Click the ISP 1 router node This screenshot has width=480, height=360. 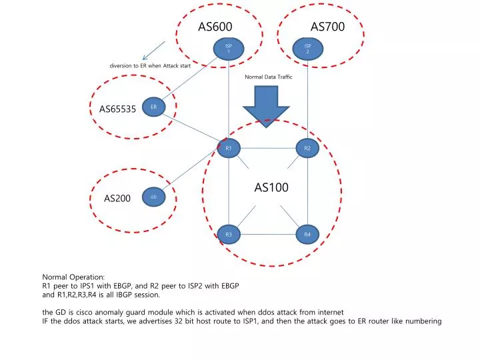point(228,48)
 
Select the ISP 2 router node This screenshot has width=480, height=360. point(307,48)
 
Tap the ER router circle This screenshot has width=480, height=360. point(153,107)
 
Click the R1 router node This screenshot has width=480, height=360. point(228,148)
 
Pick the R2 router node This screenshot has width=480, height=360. point(307,148)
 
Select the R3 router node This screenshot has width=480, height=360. point(228,234)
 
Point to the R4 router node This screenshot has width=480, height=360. point(307,234)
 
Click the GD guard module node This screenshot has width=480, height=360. point(153,197)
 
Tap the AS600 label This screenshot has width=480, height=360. point(215,27)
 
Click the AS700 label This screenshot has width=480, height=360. point(327,27)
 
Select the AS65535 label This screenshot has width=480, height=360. point(117,109)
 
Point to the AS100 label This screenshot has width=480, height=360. point(271,188)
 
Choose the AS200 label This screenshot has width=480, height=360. point(117,199)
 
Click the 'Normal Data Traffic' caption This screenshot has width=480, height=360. point(269,77)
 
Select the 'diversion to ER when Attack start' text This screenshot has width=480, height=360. point(150,65)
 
